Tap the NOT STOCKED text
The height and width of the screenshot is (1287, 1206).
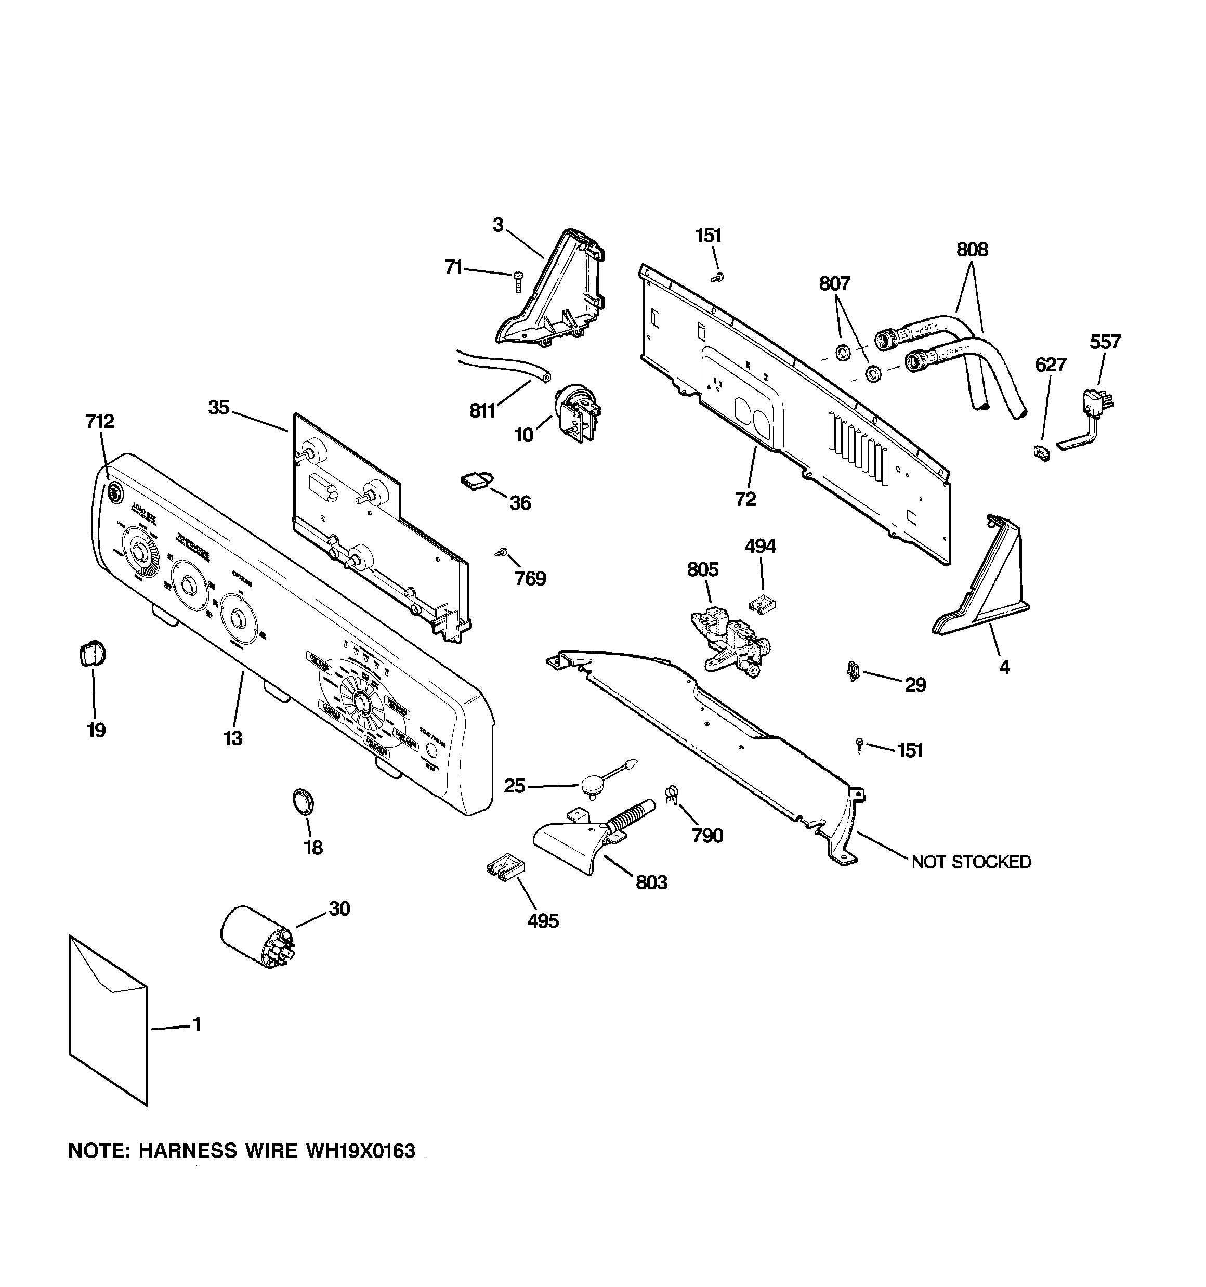pyautogui.click(x=971, y=862)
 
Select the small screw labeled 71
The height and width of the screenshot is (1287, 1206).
pyautogui.click(x=517, y=282)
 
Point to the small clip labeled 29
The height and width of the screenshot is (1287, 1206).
pyautogui.click(x=853, y=671)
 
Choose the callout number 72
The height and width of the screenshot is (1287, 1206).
pyautogui.click(x=745, y=499)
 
